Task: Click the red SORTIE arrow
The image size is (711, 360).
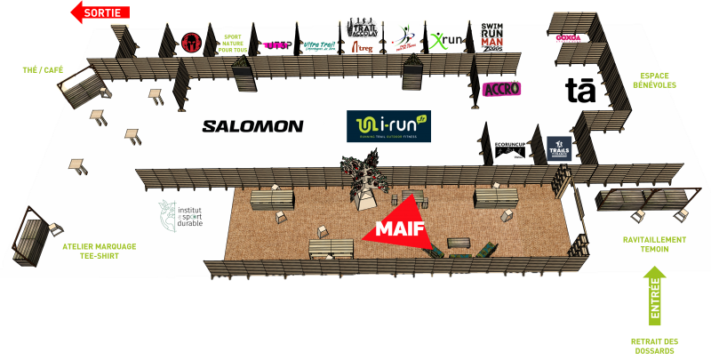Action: pos(100,12)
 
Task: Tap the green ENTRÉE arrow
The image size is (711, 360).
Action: pos(654,297)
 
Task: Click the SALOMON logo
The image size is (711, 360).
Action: pos(252,126)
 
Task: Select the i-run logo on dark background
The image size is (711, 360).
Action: pos(388,126)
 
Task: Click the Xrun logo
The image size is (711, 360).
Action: pos(446,40)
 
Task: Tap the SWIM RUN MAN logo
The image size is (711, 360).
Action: pos(493,38)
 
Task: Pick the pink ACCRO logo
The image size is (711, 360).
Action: pos(501,89)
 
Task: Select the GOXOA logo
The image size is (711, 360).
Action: pos(567,37)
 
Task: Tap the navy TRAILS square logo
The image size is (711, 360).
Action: pos(558,148)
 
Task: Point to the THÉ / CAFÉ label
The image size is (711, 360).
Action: pos(43,69)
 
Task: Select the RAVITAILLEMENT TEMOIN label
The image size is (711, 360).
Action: pos(655,244)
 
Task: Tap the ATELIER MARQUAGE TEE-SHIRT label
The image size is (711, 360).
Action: pos(99,251)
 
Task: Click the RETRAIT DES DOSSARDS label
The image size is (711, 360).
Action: pos(654,346)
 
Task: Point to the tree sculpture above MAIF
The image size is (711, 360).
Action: pos(363,176)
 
